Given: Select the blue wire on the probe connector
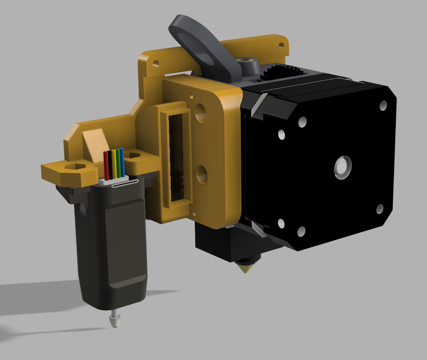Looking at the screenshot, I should click(x=122, y=162).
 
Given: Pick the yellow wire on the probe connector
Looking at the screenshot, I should click(x=114, y=164).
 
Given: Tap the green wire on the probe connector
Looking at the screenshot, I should click(x=118, y=163).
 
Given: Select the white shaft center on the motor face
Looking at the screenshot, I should click(x=343, y=167).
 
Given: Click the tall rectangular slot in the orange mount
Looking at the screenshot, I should click(x=176, y=158).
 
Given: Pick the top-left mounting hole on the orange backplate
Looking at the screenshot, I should click(x=156, y=64).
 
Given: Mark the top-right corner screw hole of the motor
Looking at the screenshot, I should click(x=382, y=106).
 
